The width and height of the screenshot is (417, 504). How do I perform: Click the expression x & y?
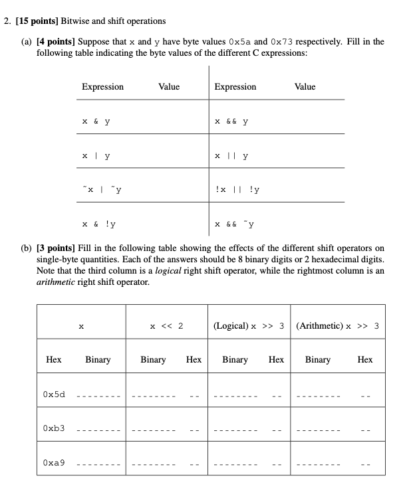pos(96,122)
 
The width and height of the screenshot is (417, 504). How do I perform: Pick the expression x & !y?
pos(98,224)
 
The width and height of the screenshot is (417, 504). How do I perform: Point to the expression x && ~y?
pos(234,224)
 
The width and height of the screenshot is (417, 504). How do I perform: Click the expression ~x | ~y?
pos(101,189)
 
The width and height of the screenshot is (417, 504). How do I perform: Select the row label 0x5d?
pos(54,394)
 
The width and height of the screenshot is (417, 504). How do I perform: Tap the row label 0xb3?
pos(54,428)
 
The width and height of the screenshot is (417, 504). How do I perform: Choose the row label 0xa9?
pos(54,462)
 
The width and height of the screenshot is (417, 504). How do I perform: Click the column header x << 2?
pos(166,326)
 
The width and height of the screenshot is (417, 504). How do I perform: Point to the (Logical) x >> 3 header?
pos(249,326)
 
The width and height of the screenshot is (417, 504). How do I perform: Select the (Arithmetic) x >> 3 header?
pos(337,326)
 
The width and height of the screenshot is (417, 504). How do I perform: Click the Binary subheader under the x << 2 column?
pos(153,359)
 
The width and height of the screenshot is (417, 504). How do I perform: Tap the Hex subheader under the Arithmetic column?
pos(364,359)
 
